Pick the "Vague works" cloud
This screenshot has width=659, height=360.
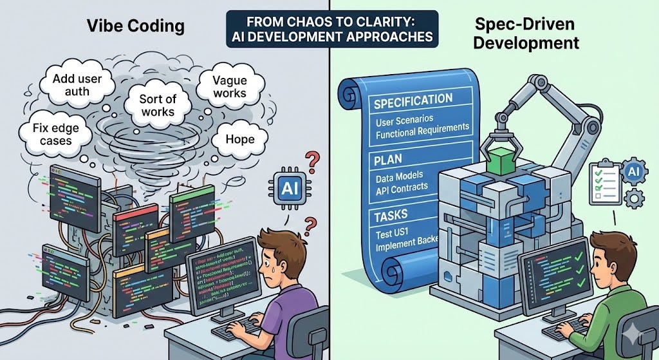(x=230, y=87)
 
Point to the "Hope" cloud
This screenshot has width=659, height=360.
(x=239, y=138)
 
